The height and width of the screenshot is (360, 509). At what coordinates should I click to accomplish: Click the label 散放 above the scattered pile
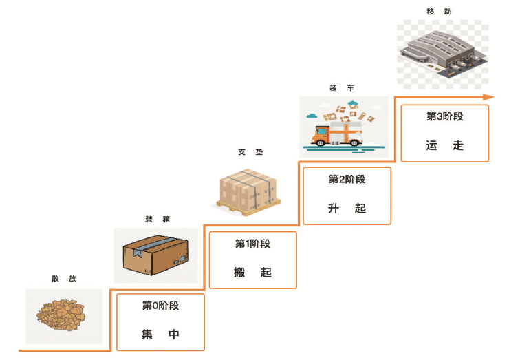pyautogui.click(x=64, y=279)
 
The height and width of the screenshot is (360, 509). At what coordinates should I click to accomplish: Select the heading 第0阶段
pyautogui.click(x=160, y=306)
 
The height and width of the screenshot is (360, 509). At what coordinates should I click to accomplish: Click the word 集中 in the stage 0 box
pyautogui.click(x=160, y=335)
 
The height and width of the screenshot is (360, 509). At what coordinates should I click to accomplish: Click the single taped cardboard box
pyautogui.click(x=155, y=255)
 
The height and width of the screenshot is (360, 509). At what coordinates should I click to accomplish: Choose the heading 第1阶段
pyautogui.click(x=252, y=243)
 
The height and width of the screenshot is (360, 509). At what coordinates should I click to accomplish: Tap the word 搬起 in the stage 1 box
pyautogui.click(x=252, y=273)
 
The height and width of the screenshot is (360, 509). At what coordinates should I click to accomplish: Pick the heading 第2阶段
pyautogui.click(x=347, y=179)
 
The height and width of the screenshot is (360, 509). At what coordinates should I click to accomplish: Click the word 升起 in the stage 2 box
pyautogui.click(x=347, y=208)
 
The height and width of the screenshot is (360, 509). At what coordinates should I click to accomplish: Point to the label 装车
pyautogui.click(x=342, y=88)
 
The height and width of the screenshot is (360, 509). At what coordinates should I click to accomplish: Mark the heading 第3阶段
pyautogui.click(x=444, y=116)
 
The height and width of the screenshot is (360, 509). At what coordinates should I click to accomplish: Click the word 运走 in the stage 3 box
pyautogui.click(x=444, y=146)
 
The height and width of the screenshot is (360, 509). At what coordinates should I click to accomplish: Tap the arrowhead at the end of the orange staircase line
pyautogui.click(x=489, y=97)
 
